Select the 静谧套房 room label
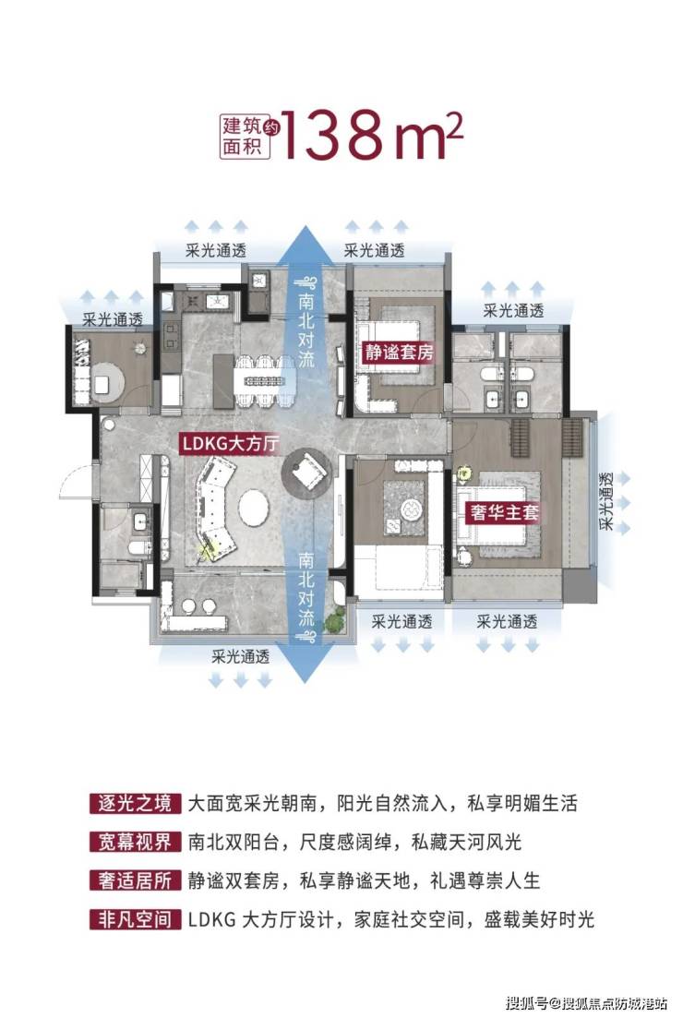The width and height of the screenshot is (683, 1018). tap(399, 353)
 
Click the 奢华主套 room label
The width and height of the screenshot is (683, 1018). tap(505, 512)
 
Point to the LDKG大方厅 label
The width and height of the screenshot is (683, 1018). tap(231, 443)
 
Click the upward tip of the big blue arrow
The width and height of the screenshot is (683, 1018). tap(306, 224)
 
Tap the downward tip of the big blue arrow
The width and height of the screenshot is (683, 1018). tap(306, 682)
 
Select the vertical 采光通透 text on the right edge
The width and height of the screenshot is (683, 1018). tap(605, 501)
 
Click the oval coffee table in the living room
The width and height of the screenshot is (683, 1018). tap(254, 507)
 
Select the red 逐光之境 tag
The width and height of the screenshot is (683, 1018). tap(135, 804)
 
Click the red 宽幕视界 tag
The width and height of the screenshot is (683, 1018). tap(135, 842)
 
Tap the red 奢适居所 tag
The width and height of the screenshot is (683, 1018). tap(135, 880)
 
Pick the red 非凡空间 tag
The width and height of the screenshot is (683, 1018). tap(135, 918)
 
